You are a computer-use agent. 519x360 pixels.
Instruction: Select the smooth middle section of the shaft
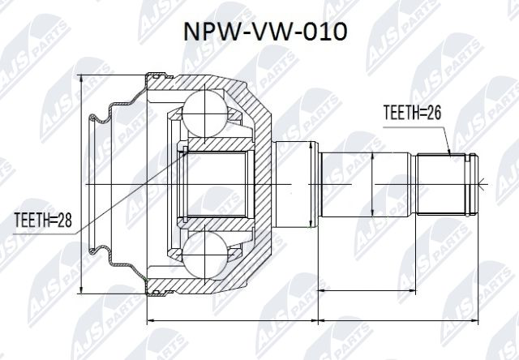pos(369,185)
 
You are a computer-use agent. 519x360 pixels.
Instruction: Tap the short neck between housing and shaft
pos(294,185)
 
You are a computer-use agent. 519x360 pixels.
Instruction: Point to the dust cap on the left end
pos(109,185)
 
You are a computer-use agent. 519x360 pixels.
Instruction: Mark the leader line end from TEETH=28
pos(185,150)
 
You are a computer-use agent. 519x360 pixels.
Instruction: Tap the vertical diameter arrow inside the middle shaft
pos(370,185)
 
